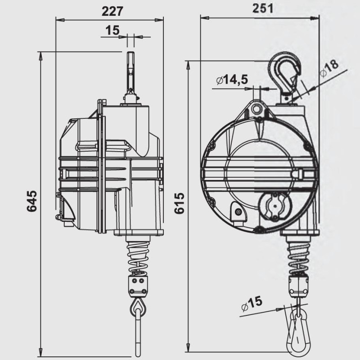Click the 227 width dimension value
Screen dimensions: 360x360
(x=111, y=11)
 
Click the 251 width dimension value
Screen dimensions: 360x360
(x=262, y=9)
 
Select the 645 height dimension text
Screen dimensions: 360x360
(x=31, y=202)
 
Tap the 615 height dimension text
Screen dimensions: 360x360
(x=179, y=203)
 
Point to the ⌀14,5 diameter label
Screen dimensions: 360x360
(x=232, y=80)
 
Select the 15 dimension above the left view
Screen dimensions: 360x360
(x=112, y=31)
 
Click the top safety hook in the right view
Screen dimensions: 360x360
(x=285, y=72)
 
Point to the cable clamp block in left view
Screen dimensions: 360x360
(x=138, y=284)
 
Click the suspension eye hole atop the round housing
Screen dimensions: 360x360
(x=258, y=108)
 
